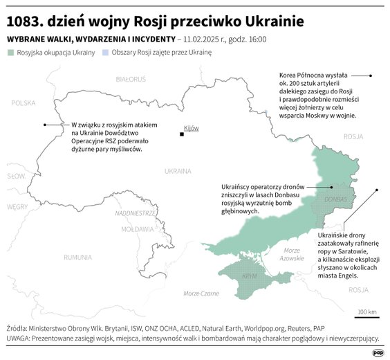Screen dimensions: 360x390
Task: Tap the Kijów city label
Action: (191, 128)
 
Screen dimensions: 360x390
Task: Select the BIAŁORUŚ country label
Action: (130, 80)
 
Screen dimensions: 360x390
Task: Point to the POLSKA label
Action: (23, 102)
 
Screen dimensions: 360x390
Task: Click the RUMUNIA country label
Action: (77, 257)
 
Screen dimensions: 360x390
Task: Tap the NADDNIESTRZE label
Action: (135, 213)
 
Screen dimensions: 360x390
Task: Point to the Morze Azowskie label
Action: (292, 253)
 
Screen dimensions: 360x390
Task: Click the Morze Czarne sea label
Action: (201, 294)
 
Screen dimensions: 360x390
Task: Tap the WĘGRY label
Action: (17, 206)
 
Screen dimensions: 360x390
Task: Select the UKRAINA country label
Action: (178, 170)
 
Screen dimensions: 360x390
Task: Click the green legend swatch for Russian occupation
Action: (10, 53)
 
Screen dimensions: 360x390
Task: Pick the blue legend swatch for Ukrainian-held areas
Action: (104, 53)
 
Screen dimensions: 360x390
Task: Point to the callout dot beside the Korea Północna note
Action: (371, 75)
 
